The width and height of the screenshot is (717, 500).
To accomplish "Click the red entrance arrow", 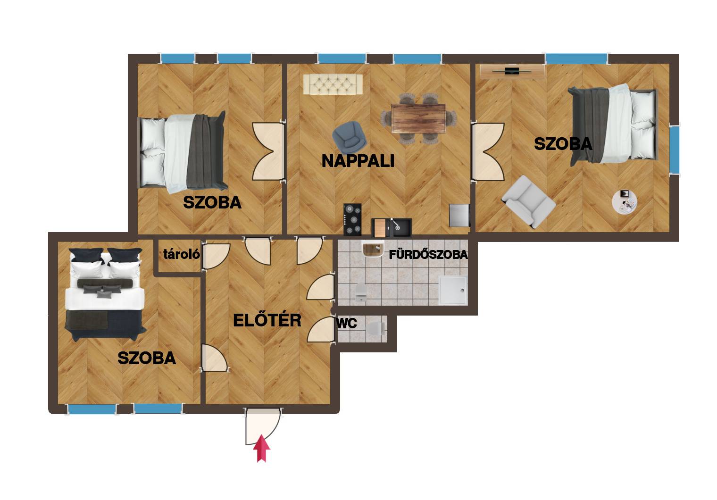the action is tap(261, 448).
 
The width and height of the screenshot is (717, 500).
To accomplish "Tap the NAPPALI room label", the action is tap(358, 161).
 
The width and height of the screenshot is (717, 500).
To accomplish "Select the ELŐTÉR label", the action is tap(267, 320).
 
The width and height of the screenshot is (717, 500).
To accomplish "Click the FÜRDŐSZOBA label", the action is tap(428, 255).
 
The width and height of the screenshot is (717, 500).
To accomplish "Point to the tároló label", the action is tap(182, 254).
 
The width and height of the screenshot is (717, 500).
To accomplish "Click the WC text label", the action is tap(347, 323).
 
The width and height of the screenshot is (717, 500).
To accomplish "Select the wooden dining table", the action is tap(418, 118).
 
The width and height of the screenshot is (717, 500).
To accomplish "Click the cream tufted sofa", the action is tap(333, 84).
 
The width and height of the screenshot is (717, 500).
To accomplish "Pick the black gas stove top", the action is tap(352, 219).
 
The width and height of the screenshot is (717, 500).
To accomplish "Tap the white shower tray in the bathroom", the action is tap(453, 290).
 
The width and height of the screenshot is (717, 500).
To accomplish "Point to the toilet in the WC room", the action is tap(376, 328).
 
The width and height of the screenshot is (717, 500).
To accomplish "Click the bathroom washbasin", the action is tap(373, 249).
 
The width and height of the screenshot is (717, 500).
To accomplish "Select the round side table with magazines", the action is tap(624, 202).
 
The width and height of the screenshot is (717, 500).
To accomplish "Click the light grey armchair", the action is tap(528, 202).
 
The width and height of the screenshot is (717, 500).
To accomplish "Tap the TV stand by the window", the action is tap(512, 71).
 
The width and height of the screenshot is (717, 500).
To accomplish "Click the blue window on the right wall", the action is tap(674, 150).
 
